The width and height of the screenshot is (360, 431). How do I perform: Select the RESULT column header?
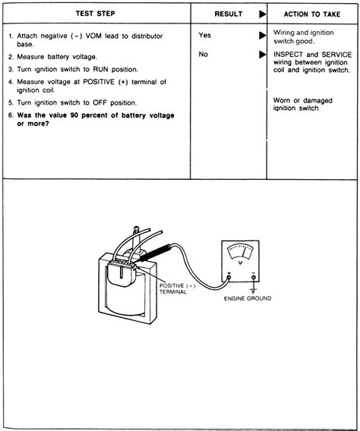[228, 14]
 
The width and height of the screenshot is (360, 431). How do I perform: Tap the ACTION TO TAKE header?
[311, 14]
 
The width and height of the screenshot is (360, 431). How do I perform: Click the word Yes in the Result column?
[204, 36]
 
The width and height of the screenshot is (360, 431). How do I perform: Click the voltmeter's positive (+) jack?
[229, 278]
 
